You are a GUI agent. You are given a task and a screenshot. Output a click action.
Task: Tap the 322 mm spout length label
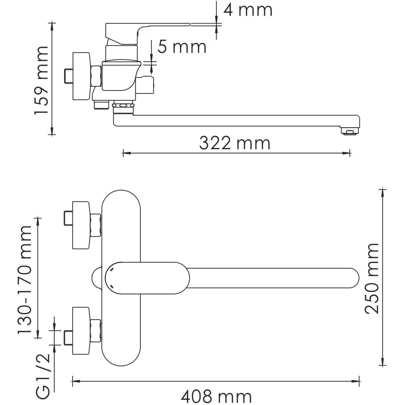235,143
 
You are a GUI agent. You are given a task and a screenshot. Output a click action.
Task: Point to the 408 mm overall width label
216,397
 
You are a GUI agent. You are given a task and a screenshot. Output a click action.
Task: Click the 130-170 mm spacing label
25,280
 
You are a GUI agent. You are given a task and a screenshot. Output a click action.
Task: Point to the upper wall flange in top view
81,225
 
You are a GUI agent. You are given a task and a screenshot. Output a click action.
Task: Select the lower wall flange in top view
81,331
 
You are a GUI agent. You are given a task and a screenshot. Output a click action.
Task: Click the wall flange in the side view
81,76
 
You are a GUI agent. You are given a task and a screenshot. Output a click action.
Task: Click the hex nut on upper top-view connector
96,225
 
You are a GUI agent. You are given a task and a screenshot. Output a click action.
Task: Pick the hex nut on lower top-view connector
96,331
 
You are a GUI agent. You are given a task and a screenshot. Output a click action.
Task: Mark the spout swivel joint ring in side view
124,106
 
